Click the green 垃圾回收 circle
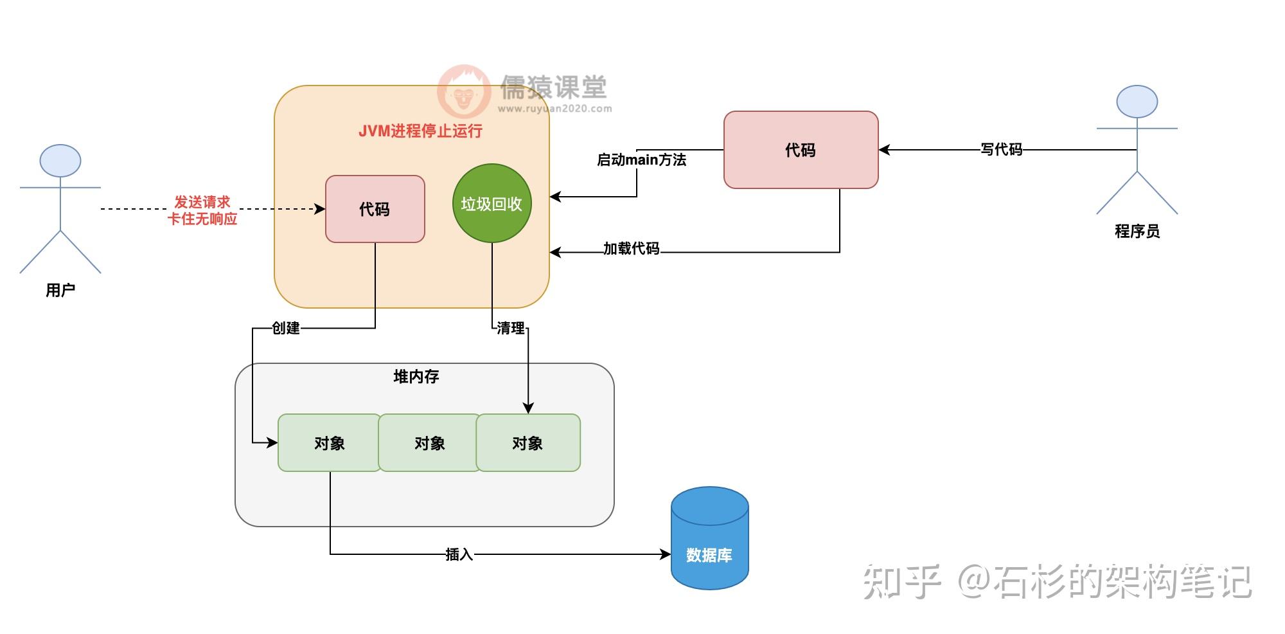492,203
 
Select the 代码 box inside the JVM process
375,209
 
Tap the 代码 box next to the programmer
801,150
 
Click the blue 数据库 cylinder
710,538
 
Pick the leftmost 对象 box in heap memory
330,443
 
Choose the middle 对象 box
430,443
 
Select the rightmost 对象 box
528,443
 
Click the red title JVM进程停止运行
420,131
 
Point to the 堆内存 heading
416,377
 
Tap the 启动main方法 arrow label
642,159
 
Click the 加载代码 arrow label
632,249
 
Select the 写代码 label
1002,150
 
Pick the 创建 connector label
286,329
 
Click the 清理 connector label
511,329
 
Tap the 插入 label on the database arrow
459,554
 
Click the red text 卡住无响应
202,219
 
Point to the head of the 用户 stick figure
60,161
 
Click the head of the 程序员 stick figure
1137,102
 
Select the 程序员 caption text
1137,231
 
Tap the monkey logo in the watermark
464,92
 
